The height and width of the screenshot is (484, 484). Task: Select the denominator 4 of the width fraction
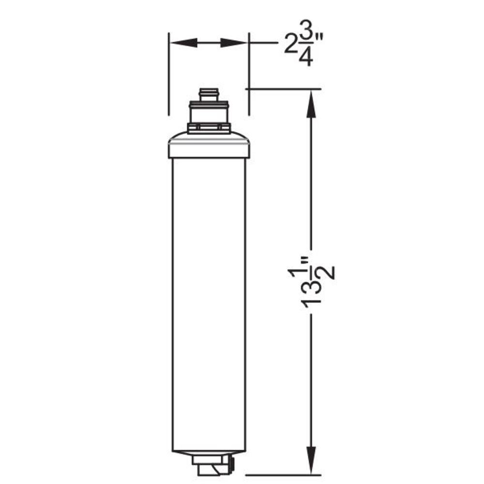[x=305, y=58]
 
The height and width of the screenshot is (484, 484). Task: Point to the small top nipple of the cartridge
[x=209, y=94]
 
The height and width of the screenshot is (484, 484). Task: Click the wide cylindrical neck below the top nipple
[x=209, y=113]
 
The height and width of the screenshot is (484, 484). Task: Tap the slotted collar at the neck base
[x=209, y=128]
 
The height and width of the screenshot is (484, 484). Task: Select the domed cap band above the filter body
[x=209, y=147]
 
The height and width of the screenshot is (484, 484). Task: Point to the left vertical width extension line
[x=168, y=73]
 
